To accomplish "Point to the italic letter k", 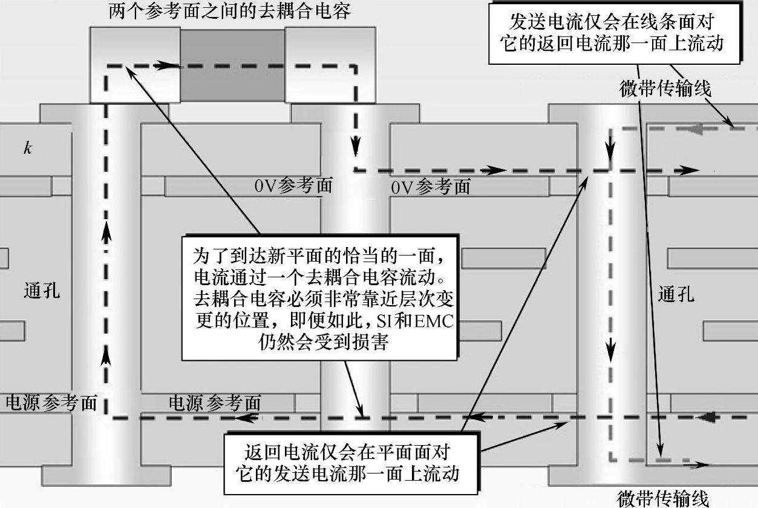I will [27, 148].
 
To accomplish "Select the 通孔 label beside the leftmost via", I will [42, 291].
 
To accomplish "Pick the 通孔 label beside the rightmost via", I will [676, 295].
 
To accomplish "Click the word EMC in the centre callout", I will [433, 320].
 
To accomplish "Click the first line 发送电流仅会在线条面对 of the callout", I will [613, 22].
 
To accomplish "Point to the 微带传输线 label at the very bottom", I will [662, 499].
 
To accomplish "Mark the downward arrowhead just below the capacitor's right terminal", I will [356, 145].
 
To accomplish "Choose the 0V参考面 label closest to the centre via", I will [293, 186].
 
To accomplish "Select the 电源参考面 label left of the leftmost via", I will [51, 403].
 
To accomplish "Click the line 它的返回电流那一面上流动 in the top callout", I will [613, 44].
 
